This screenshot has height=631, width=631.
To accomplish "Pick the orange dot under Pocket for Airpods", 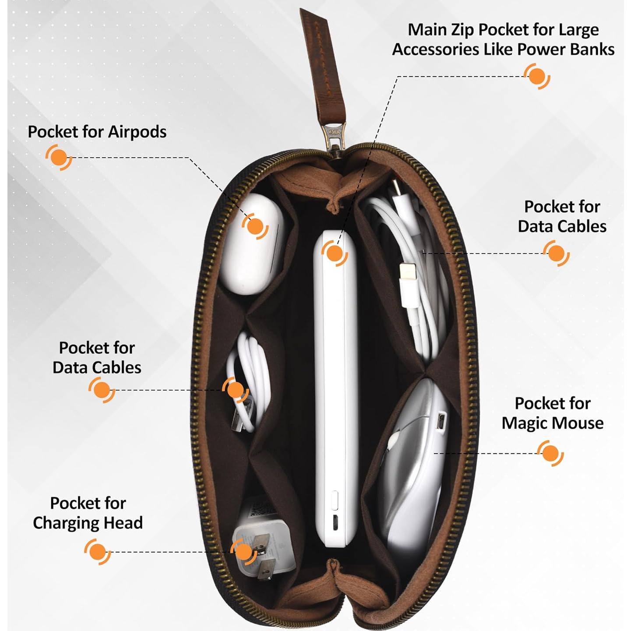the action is [58, 157].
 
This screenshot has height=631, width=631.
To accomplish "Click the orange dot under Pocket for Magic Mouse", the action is [550, 453].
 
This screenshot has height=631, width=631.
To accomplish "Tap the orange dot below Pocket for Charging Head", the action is [97, 552].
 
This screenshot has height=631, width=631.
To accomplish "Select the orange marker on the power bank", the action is [335, 253].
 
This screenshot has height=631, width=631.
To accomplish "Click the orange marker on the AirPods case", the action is [255, 226].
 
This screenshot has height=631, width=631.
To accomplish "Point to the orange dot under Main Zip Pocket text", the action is [537, 76].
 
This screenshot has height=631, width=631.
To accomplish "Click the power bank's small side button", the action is [335, 500].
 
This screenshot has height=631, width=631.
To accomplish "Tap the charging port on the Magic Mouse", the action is [441, 421].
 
